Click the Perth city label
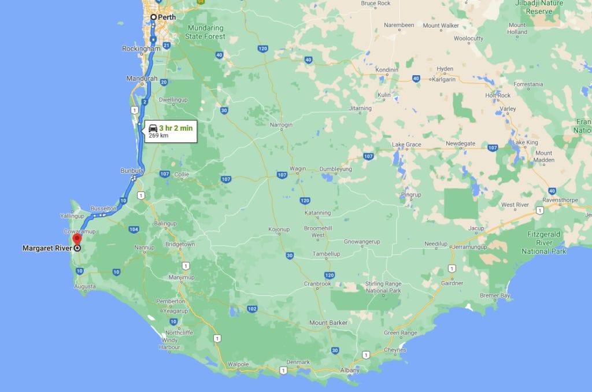pyautogui.click(x=166, y=17)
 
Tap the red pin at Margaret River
pyautogui.click(x=76, y=239)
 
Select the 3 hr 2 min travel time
pyautogui.click(x=176, y=128)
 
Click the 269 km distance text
pyautogui.click(x=158, y=135)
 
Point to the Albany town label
pyautogui.click(x=349, y=369)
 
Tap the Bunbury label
pyautogui.click(x=131, y=171)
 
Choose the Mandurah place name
pyautogui.click(x=142, y=78)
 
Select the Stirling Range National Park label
pyautogui.click(x=383, y=287)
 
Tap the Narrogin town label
pyautogui.click(x=282, y=125)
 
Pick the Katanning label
pyautogui.click(x=317, y=213)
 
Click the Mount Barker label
pyautogui.click(x=328, y=323)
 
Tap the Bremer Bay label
pyautogui.click(x=495, y=296)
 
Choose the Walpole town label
pyautogui.click(x=238, y=364)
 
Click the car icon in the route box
pyautogui.click(x=153, y=128)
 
